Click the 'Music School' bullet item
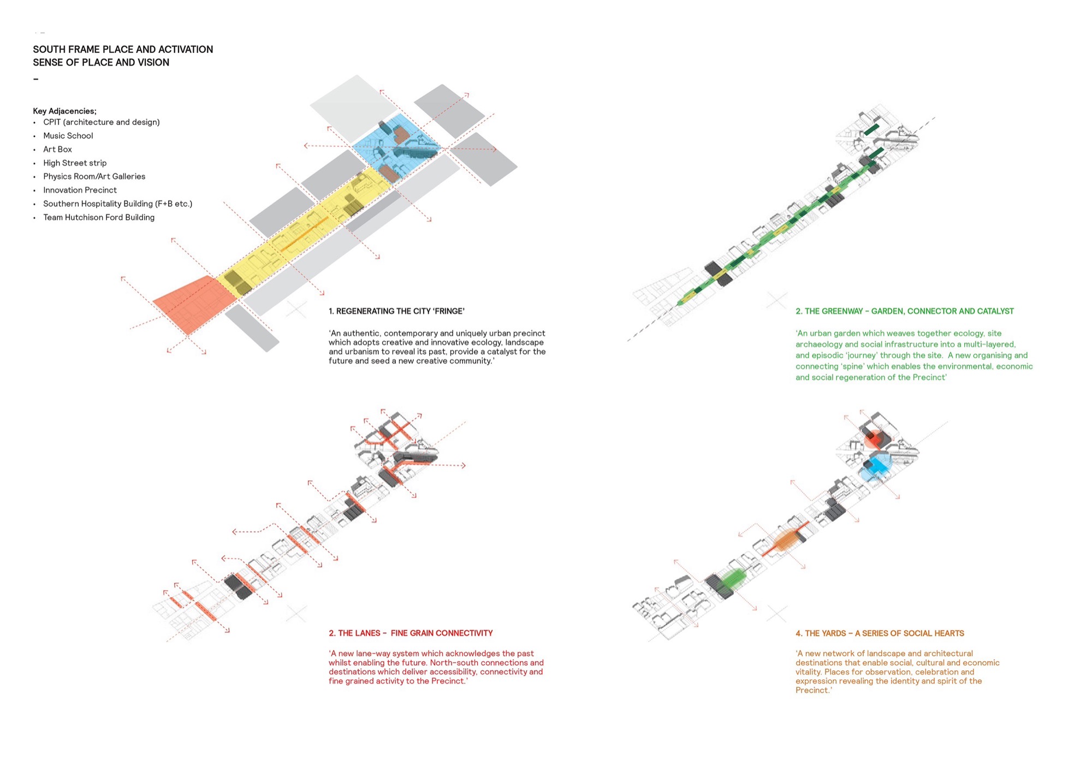point(68,136)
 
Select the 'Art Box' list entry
point(57,150)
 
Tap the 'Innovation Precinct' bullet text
point(80,190)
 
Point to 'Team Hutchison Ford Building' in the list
point(99,217)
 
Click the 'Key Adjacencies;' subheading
point(64,111)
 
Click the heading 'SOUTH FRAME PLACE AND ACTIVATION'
point(123,50)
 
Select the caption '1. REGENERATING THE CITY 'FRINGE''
point(396,311)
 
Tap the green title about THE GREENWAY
point(904,311)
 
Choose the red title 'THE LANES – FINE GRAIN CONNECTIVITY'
point(411,633)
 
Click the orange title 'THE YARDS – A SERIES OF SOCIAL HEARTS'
point(880,633)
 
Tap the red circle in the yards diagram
point(875,438)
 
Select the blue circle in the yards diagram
point(876,466)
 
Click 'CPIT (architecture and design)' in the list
point(102,122)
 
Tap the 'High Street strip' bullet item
point(75,163)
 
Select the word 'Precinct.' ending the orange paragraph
point(814,691)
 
